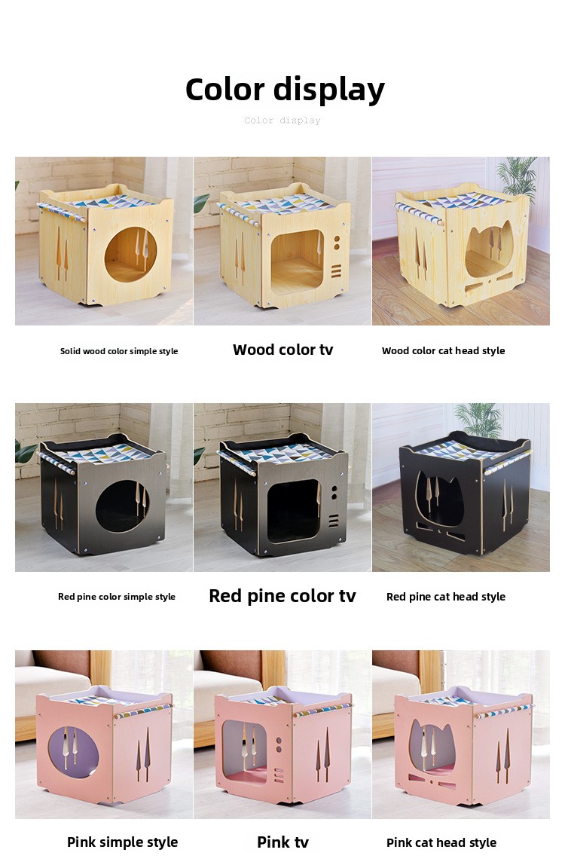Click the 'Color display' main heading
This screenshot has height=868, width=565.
click(285, 90)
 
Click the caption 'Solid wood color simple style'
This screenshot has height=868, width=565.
click(119, 351)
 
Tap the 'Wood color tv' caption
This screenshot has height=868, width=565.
click(282, 350)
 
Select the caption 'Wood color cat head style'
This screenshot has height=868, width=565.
click(443, 350)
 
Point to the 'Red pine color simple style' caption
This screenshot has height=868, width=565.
click(117, 597)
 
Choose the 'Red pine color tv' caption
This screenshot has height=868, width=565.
click(282, 596)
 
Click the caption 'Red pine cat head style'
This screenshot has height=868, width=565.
click(445, 597)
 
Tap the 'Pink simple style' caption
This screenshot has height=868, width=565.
click(122, 842)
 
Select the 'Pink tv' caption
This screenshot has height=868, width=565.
click(282, 842)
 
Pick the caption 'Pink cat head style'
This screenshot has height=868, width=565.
click(441, 842)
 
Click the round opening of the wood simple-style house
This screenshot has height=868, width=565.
click(130, 254)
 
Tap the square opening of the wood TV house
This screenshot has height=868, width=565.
click(297, 259)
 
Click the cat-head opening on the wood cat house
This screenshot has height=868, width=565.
click(489, 248)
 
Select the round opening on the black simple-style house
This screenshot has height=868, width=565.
click(122, 506)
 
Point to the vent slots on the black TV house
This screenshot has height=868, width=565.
click(334, 521)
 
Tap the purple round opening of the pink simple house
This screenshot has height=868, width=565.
click(73, 752)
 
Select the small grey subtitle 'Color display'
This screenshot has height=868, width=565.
click(282, 120)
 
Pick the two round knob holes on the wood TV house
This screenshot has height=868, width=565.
click(337, 243)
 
